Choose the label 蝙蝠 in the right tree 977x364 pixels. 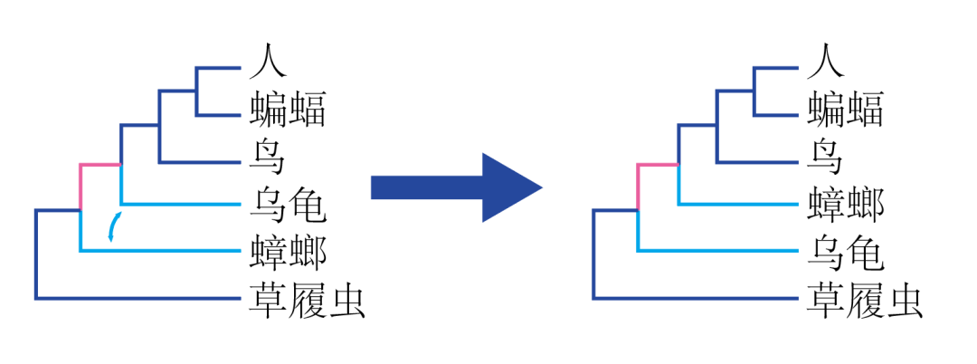click(x=845, y=113)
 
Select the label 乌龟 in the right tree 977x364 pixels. click(x=845, y=250)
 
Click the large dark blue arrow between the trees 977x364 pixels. click(x=456, y=187)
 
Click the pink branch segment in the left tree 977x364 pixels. click(x=100, y=165)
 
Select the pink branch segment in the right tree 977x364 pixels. click(x=658, y=165)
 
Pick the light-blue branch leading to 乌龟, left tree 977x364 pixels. click(x=181, y=203)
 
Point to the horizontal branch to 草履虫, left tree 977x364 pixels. click(x=136, y=297)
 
